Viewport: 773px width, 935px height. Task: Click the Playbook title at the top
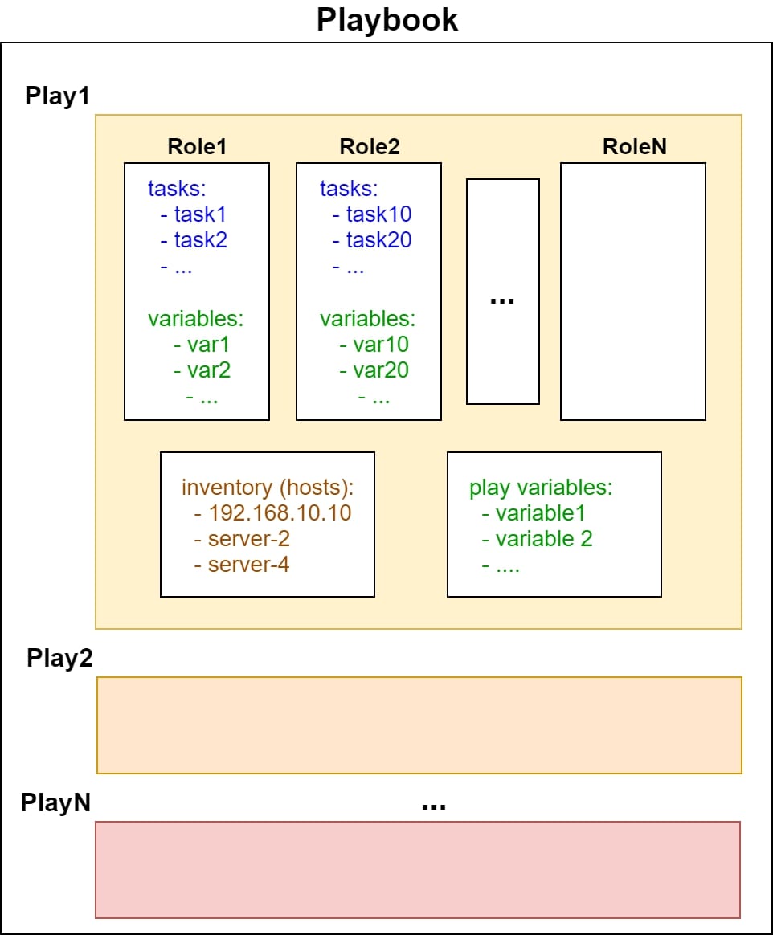[387, 20]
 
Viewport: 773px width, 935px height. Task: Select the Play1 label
[57, 96]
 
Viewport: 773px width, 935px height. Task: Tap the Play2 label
[59, 659]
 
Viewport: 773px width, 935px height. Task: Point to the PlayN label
[55, 802]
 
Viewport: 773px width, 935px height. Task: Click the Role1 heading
[197, 147]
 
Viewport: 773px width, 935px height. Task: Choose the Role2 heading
[369, 147]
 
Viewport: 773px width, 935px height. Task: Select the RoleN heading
[635, 147]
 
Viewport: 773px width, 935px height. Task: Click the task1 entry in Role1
[200, 214]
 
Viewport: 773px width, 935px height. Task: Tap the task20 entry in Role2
[378, 239]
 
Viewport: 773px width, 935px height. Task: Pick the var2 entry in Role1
[209, 370]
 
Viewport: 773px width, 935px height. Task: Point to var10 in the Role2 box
[381, 344]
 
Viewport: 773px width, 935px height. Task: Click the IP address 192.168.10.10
[280, 512]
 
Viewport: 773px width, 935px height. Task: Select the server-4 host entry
[249, 565]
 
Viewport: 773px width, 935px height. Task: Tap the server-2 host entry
[249, 539]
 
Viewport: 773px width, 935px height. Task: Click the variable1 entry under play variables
[541, 512]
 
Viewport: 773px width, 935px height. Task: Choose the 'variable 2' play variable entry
[544, 539]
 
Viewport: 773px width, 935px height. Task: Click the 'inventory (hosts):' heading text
[268, 487]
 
